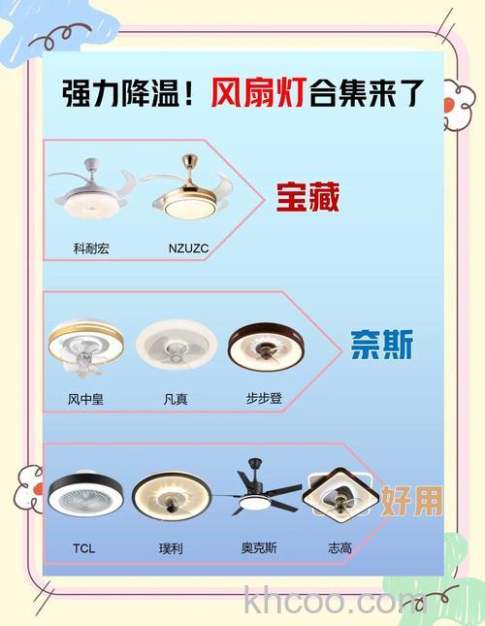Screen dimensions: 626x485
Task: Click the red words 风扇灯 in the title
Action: pyautogui.click(x=259, y=94)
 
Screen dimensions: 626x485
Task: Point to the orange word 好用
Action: pyautogui.click(x=410, y=500)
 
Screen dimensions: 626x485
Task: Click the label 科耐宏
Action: pyautogui.click(x=91, y=248)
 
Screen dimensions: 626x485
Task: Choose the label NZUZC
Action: pyautogui.click(x=188, y=248)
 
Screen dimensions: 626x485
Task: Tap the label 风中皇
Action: pyautogui.click(x=84, y=399)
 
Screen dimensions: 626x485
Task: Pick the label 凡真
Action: pyautogui.click(x=176, y=399)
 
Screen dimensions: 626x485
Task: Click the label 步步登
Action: pyautogui.click(x=264, y=399)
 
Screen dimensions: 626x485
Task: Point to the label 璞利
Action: pyautogui.click(x=171, y=548)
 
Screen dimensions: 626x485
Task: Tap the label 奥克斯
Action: pyautogui.click(x=259, y=548)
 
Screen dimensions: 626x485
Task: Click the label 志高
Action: pyautogui.click(x=340, y=548)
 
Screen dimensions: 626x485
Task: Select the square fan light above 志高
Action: pyautogui.click(x=340, y=495)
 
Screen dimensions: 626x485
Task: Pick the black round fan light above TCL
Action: pyautogui.click(x=84, y=495)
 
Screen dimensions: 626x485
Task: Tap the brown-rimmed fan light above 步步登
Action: pyautogui.click(x=265, y=346)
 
